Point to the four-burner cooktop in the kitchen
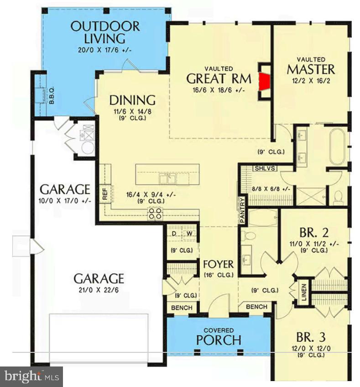pyautogui.click(x=155, y=213)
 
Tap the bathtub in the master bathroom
pyautogui.click(x=339, y=147)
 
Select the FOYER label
pyautogui.click(x=218, y=264)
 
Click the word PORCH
pyautogui.click(x=219, y=340)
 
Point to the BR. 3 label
pyautogui.click(x=311, y=338)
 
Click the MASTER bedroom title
pyautogui.click(x=311, y=69)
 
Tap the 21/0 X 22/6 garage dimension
pyautogui.click(x=99, y=289)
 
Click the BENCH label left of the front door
pyautogui.click(x=182, y=308)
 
